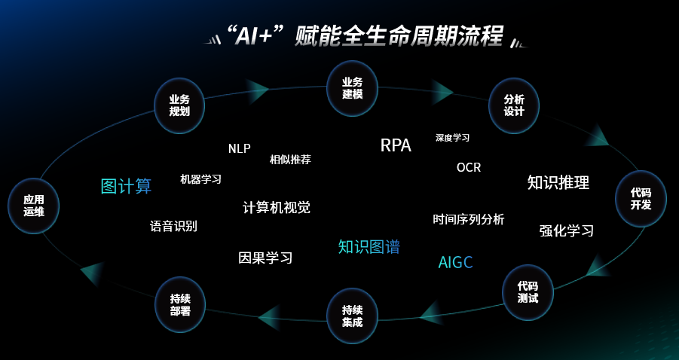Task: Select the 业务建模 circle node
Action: click(x=352, y=88)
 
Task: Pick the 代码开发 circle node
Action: click(x=641, y=199)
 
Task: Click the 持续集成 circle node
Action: click(x=352, y=316)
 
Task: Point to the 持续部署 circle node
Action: click(x=179, y=304)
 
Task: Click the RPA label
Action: click(x=396, y=145)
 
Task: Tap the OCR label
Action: click(x=468, y=167)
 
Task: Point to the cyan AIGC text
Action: click(x=455, y=262)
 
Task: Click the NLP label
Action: click(x=239, y=148)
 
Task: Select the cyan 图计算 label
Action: click(x=126, y=186)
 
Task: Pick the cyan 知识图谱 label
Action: click(x=369, y=246)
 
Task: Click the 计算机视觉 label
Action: click(x=276, y=207)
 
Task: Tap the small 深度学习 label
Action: click(x=452, y=138)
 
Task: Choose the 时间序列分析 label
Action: click(x=468, y=219)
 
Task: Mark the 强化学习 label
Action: click(x=566, y=230)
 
